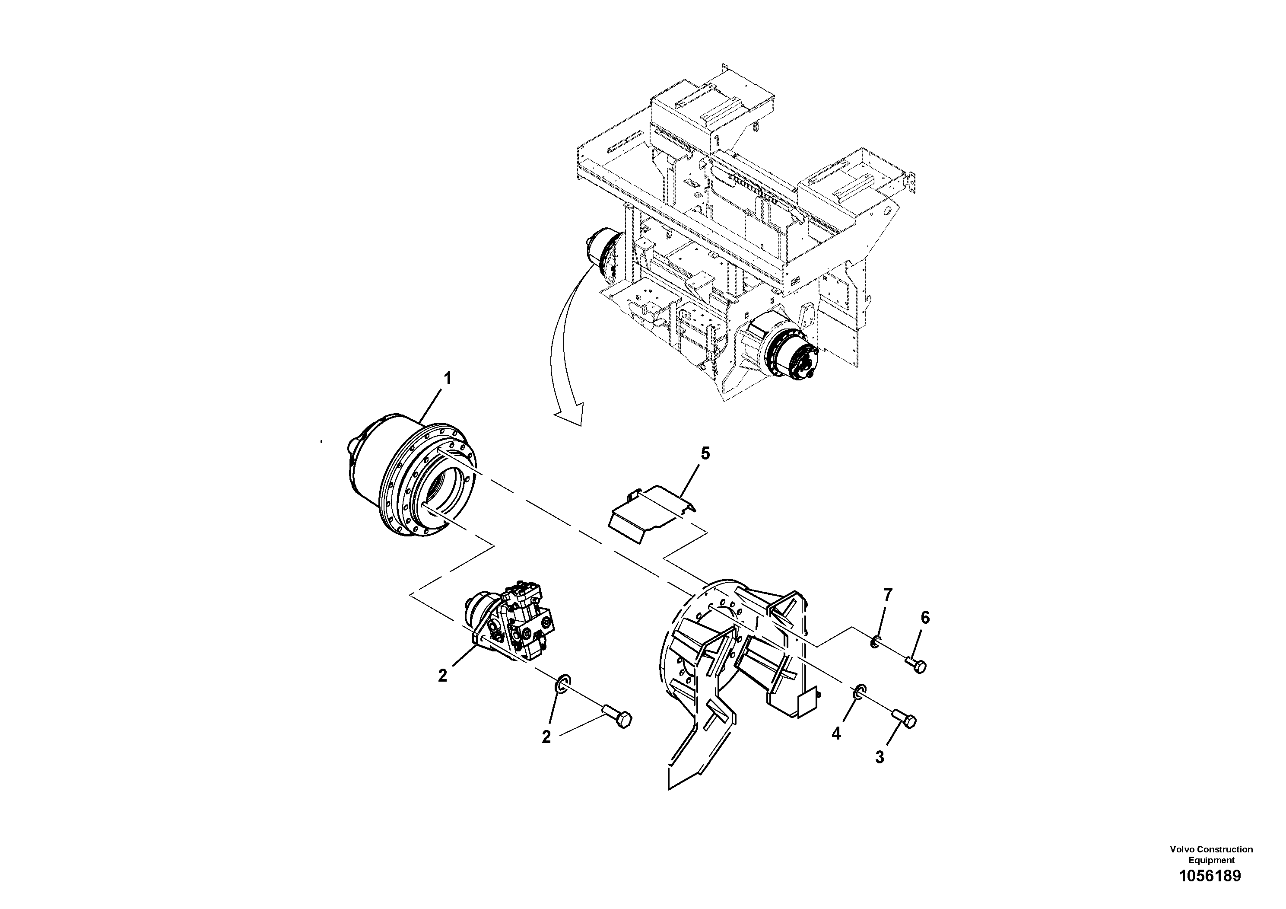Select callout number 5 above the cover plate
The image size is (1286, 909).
click(705, 453)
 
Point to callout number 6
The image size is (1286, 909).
click(925, 618)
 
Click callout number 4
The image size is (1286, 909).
click(836, 734)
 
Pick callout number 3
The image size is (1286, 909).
click(880, 757)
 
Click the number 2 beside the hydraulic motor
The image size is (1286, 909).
click(442, 676)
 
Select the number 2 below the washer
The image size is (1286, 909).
click(546, 737)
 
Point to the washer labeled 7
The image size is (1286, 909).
click(875, 641)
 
